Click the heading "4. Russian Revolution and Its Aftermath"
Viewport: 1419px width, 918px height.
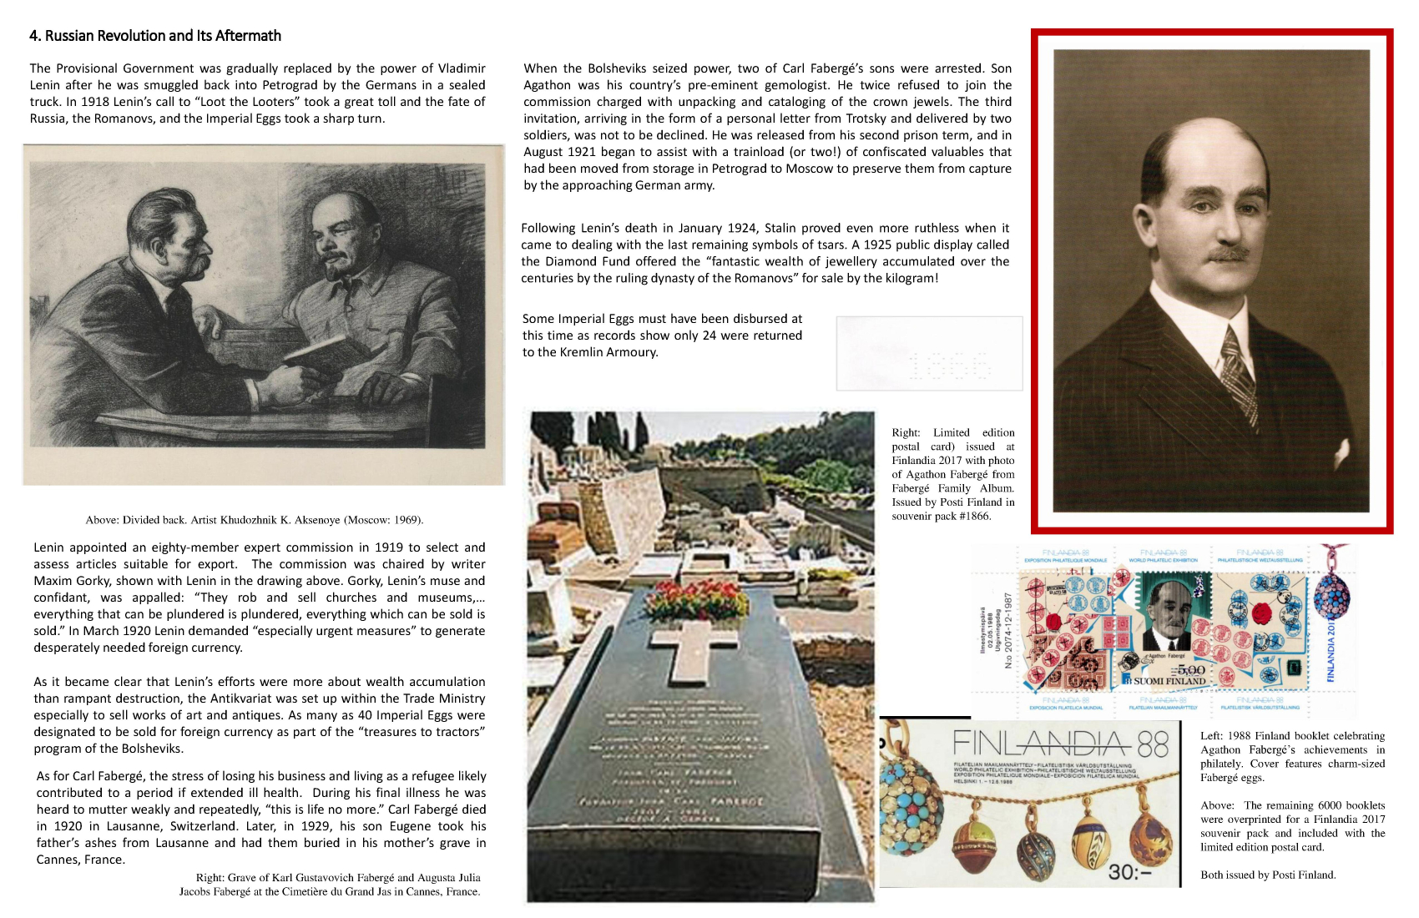click(x=155, y=36)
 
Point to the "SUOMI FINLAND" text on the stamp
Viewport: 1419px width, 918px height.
click(x=1169, y=681)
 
